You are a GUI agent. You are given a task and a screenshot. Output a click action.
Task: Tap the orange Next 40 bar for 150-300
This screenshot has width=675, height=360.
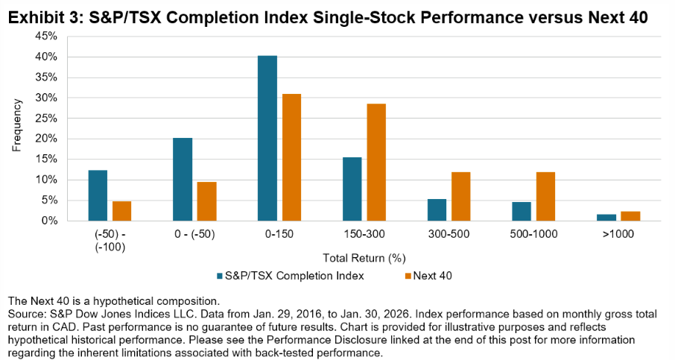(x=376, y=162)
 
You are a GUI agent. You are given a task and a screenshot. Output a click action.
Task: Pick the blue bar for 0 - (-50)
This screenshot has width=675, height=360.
(x=183, y=179)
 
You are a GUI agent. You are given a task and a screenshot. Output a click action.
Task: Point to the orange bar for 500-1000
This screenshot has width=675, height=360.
(x=545, y=196)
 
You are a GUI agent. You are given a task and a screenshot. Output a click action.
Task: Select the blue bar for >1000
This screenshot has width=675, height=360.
(x=606, y=217)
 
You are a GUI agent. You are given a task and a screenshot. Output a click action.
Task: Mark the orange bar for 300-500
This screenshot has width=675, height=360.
(x=461, y=196)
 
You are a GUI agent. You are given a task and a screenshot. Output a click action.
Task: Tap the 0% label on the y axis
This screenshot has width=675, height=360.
(x=49, y=221)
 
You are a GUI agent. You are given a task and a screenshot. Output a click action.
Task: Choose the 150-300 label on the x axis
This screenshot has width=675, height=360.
(x=364, y=233)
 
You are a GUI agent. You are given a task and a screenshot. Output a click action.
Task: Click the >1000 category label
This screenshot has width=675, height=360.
(x=618, y=233)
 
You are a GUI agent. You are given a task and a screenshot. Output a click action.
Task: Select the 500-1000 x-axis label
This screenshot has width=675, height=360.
(x=533, y=233)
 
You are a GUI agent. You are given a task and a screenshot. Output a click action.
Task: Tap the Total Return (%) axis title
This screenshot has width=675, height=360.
(x=364, y=258)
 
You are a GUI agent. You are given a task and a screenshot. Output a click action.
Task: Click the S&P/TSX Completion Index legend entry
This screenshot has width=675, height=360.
(x=295, y=275)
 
